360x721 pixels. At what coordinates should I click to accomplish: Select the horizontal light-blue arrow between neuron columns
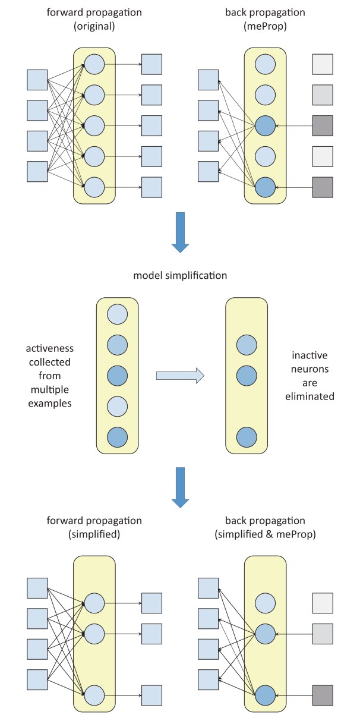pyautogui.click(x=180, y=376)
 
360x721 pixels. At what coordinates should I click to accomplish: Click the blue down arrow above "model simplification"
pyautogui.click(x=179, y=235)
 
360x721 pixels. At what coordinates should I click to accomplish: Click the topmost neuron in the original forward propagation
pyautogui.click(x=94, y=64)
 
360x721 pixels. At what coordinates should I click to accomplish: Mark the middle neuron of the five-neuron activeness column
pyautogui.click(x=117, y=376)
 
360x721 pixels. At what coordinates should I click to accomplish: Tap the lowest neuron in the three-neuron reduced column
pyautogui.click(x=247, y=437)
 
